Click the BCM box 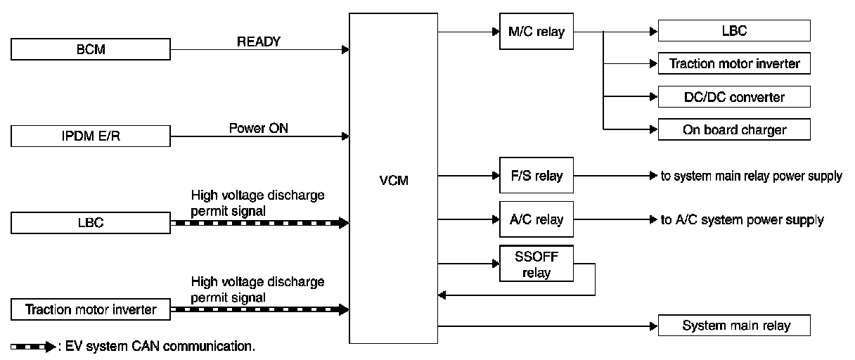(91, 49)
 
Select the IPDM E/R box (91, 136)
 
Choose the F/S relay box (536, 175)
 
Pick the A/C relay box (536, 219)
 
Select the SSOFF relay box (536, 264)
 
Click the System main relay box (733, 326)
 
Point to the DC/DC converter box (733, 96)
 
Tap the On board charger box (733, 129)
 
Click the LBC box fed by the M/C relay (733, 31)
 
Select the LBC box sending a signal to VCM (91, 223)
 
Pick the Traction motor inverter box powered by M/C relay (733, 64)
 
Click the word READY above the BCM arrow (258, 41)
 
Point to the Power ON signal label (258, 129)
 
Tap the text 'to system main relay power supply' (751, 176)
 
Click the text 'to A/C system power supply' (742, 220)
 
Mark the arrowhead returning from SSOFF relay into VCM (442, 295)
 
